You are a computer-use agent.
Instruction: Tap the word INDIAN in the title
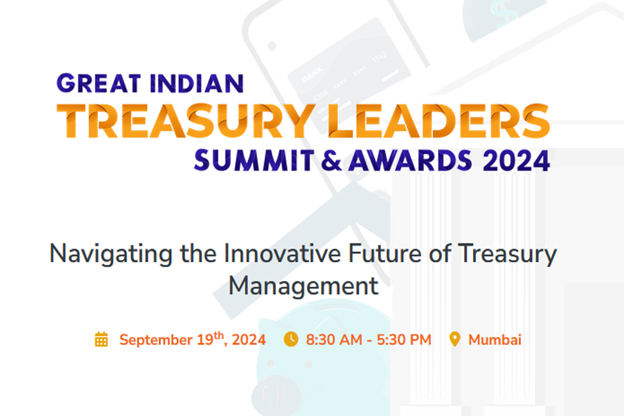point(197,84)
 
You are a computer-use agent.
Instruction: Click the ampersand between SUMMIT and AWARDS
point(331,160)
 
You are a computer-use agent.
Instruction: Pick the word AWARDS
point(409,160)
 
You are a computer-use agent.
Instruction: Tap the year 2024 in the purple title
point(516,160)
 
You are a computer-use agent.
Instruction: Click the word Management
point(303,286)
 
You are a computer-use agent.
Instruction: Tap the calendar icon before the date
point(101,340)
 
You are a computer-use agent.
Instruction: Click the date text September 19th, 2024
point(192,340)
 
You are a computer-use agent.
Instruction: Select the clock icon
point(291,340)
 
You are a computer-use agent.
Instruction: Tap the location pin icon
point(455,340)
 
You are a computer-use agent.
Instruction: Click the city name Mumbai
point(495,340)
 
